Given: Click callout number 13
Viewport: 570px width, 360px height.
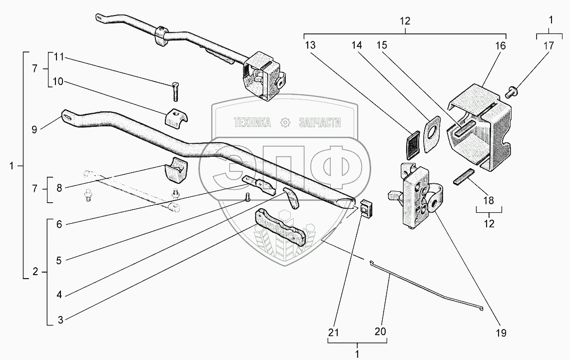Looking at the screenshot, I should click(x=310, y=45).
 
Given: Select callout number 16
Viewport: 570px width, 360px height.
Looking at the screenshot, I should click(x=501, y=45).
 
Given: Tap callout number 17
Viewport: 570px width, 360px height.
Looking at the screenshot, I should click(x=549, y=45).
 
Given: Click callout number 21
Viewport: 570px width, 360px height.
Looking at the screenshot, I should click(x=334, y=331).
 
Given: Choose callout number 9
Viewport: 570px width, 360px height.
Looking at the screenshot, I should click(x=34, y=129).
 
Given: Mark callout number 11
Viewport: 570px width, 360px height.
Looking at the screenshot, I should click(x=58, y=58).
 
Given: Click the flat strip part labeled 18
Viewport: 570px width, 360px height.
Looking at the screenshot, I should click(x=464, y=177).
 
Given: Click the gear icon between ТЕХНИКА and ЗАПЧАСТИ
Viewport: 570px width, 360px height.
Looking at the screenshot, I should click(x=286, y=122).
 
